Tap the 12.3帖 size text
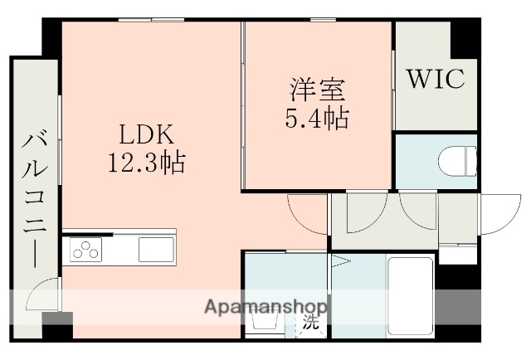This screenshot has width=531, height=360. point(145,160)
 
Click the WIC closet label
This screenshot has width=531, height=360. point(436,79)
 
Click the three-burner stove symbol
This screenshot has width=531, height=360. point(86,248)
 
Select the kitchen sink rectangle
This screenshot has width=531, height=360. point(155,248)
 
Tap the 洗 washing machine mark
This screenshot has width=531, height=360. point(310,321)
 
